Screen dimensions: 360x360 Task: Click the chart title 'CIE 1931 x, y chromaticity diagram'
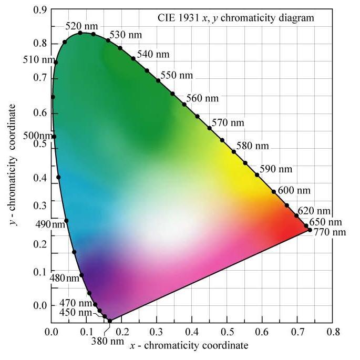[x=236, y=17]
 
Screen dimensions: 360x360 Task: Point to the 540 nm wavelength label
[x=153, y=54]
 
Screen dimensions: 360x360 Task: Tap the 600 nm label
[x=294, y=190]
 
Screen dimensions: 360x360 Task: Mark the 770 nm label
[x=330, y=232]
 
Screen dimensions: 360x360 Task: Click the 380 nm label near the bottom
[x=107, y=341]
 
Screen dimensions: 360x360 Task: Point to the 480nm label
[x=65, y=278]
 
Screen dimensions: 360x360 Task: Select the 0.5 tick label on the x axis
[x=227, y=332]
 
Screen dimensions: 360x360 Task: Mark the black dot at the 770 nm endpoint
[x=310, y=230]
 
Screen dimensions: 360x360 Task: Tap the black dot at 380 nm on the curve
[x=109, y=321]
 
